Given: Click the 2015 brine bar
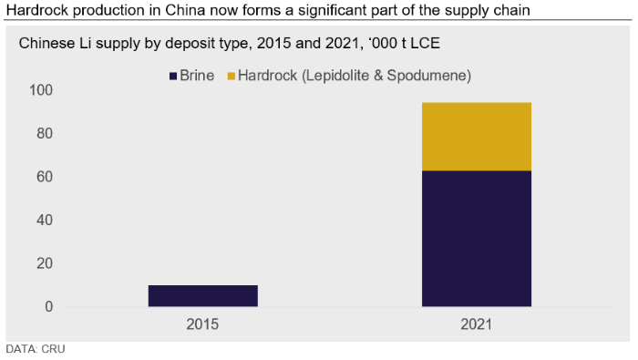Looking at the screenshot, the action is tap(203, 295).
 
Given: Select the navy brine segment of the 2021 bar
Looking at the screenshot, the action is tap(477, 239).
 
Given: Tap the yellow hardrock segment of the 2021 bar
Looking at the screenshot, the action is tap(477, 137).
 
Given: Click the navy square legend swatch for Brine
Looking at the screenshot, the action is tap(173, 76).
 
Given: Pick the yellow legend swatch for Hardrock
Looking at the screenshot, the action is tap(232, 76).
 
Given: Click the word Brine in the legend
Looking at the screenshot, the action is tap(197, 76).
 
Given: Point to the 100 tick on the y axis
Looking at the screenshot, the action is tap(41, 90).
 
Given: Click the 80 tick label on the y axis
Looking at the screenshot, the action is tap(45, 133).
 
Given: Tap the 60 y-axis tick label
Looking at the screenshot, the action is tap(45, 177).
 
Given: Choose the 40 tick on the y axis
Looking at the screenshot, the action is tap(45, 220).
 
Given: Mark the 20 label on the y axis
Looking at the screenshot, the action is tap(45, 263).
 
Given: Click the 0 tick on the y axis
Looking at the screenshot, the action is tap(49, 307).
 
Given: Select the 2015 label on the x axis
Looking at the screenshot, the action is tap(202, 324).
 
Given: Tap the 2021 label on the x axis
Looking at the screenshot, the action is tap(477, 324).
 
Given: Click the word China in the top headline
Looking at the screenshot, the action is tap(185, 10).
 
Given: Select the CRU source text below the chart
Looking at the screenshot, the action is tap(53, 349).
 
